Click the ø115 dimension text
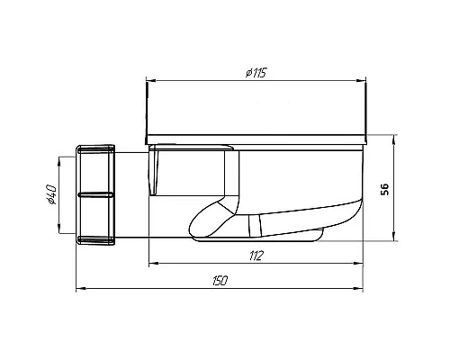click(254, 71)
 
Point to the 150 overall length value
click(219, 282)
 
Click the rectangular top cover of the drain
click(256, 112)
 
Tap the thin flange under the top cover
click(256, 144)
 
